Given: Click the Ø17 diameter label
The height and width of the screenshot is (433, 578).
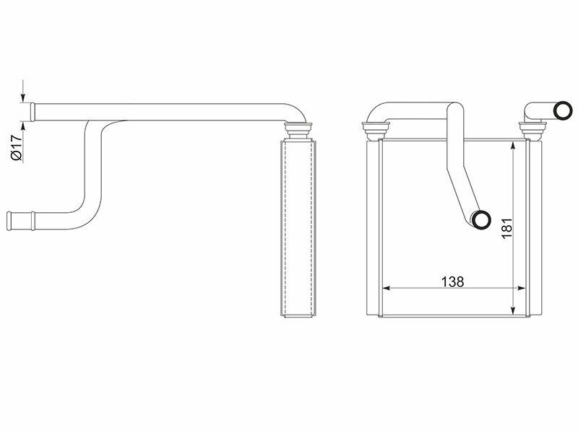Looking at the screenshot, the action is (x=17, y=148).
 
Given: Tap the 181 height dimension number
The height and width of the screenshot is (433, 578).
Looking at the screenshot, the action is (x=507, y=228).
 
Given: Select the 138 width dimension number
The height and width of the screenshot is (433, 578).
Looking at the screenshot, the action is (x=452, y=282).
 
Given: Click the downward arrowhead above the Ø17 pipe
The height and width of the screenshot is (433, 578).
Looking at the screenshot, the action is (x=23, y=98).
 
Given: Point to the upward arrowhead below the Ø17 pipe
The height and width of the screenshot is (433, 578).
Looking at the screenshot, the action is (x=23, y=126).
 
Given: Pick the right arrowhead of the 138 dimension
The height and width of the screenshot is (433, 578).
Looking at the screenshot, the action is (x=520, y=288).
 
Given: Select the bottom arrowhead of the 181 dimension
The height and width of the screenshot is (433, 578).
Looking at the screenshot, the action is (x=512, y=310).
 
